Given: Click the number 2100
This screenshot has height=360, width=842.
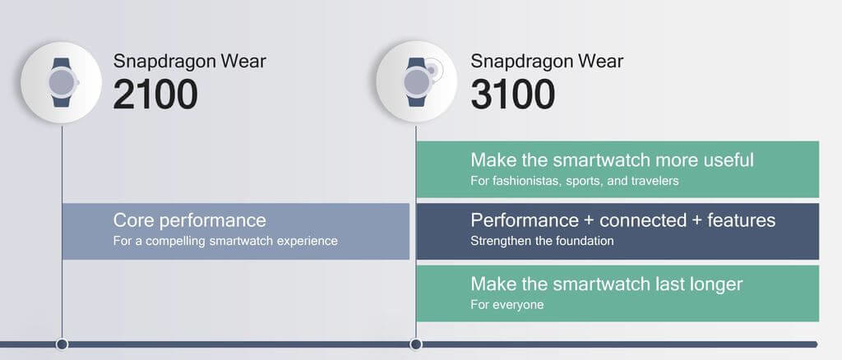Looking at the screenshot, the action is pyautogui.click(x=155, y=95).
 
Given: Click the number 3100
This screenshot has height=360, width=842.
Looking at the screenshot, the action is pyautogui.click(x=513, y=95).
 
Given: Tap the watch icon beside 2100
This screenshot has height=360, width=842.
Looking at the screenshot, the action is pyautogui.click(x=61, y=83).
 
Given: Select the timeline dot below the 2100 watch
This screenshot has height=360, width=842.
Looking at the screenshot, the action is pyautogui.click(x=62, y=344).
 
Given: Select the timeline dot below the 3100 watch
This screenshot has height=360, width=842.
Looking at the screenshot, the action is pyautogui.click(x=415, y=344).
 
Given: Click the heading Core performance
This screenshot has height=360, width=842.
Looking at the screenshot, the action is pyautogui.click(x=190, y=220).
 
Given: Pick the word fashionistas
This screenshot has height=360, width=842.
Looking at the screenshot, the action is pyautogui.click(x=518, y=181).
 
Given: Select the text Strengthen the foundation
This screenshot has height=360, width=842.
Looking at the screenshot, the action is pyautogui.click(x=542, y=241).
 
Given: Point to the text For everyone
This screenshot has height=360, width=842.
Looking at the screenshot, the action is pyautogui.click(x=507, y=305).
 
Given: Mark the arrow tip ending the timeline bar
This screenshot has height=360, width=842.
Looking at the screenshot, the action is pyautogui.click(x=817, y=344).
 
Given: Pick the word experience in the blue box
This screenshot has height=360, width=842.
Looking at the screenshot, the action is pyautogui.click(x=308, y=242).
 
